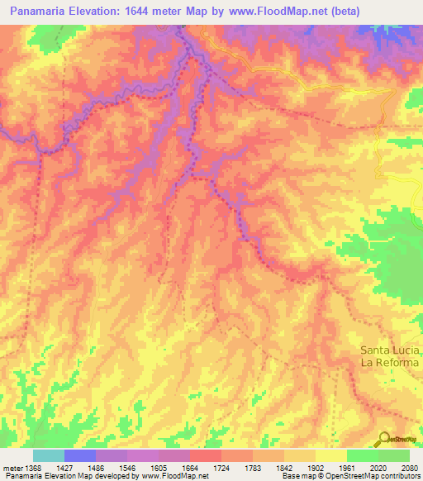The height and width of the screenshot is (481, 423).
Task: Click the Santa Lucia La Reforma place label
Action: tap(390, 356)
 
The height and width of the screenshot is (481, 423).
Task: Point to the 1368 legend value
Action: tap(33, 468)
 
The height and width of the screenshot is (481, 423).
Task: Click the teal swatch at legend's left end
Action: tap(49, 455)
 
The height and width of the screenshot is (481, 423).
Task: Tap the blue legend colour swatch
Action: tap(80, 455)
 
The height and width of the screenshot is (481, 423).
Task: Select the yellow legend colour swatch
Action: tap(330, 455)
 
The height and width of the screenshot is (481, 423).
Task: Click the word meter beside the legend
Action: tap(12, 468)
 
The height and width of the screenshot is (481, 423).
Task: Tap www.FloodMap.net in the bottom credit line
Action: tap(174, 476)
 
